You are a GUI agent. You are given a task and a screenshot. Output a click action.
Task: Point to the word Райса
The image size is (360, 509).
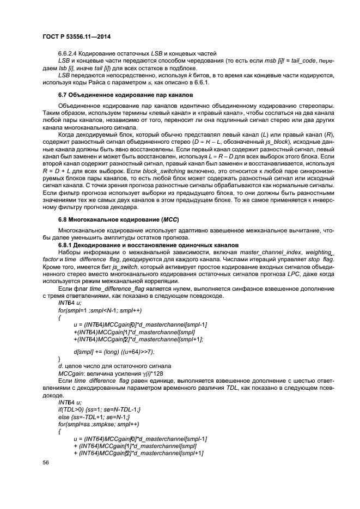click(x=90, y=83)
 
